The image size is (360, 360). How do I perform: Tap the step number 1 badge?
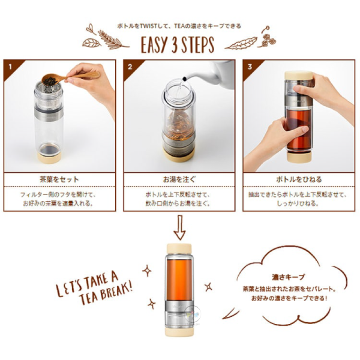pyautogui.click(x=8, y=64)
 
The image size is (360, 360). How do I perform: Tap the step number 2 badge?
pyautogui.click(x=128, y=64)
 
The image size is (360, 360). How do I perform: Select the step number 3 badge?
pyautogui.click(x=248, y=64)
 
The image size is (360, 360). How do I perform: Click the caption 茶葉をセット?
pyautogui.click(x=59, y=179)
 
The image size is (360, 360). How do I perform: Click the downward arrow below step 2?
pyautogui.click(x=179, y=227)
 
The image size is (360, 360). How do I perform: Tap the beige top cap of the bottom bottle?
pyautogui.click(x=179, y=247)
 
